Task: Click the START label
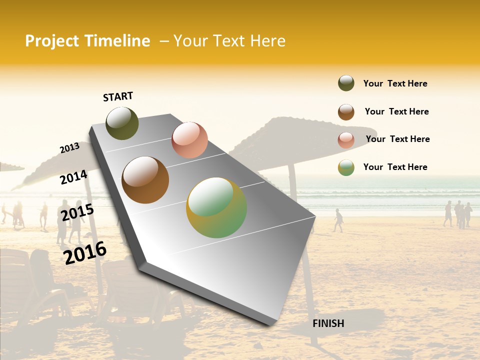click(118, 96)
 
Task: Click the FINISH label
click(328, 323)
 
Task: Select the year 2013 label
click(69, 148)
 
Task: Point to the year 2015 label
click(77, 212)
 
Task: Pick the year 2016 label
click(85, 253)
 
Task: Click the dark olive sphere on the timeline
click(122, 123)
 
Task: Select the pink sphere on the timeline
click(189, 139)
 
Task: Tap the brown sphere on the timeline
click(145, 180)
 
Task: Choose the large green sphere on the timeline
click(216, 207)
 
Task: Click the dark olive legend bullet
click(346, 83)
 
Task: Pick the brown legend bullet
click(346, 112)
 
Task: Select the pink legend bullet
click(346, 139)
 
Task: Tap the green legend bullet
click(346, 167)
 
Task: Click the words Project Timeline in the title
click(87, 41)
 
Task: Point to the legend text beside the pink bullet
click(397, 139)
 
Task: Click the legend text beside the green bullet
click(395, 167)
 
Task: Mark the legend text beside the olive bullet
click(395, 83)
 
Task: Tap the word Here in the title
click(268, 41)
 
